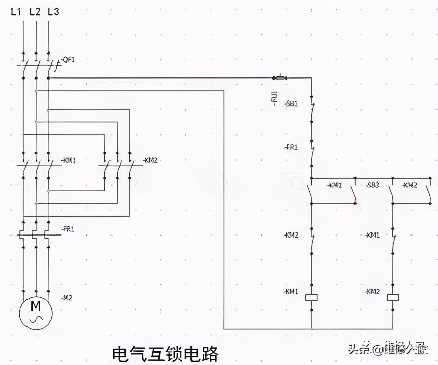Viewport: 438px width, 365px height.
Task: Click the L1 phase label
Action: pyautogui.click(x=16, y=11)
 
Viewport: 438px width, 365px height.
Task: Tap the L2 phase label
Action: pyautogui.click(x=35, y=11)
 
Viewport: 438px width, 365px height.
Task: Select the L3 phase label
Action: pyautogui.click(x=53, y=11)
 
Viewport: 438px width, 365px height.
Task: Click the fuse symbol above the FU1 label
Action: pyautogui.click(x=280, y=77)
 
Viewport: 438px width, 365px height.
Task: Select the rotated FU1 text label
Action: pyautogui.click(x=274, y=97)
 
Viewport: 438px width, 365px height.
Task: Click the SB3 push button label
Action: pyautogui.click(x=373, y=185)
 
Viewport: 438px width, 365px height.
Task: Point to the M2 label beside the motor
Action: pyautogui.click(x=67, y=297)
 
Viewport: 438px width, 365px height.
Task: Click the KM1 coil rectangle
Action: pyautogui.click(x=311, y=296)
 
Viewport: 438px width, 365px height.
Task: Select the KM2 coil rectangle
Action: pyautogui.click(x=393, y=296)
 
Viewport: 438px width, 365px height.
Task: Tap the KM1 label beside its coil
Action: pyautogui.click(x=291, y=291)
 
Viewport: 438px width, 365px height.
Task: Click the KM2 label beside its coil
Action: pyautogui.click(x=373, y=291)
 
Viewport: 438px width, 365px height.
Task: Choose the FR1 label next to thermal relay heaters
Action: pyautogui.click(x=68, y=229)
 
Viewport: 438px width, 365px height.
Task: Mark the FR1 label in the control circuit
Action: pyautogui.click(x=291, y=147)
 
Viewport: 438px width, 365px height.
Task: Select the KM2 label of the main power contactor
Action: pyautogui.click(x=151, y=160)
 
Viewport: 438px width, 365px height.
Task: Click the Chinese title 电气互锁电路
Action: pyautogui.click(x=166, y=352)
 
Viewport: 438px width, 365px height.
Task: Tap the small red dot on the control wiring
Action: pyautogui.click(x=355, y=203)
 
